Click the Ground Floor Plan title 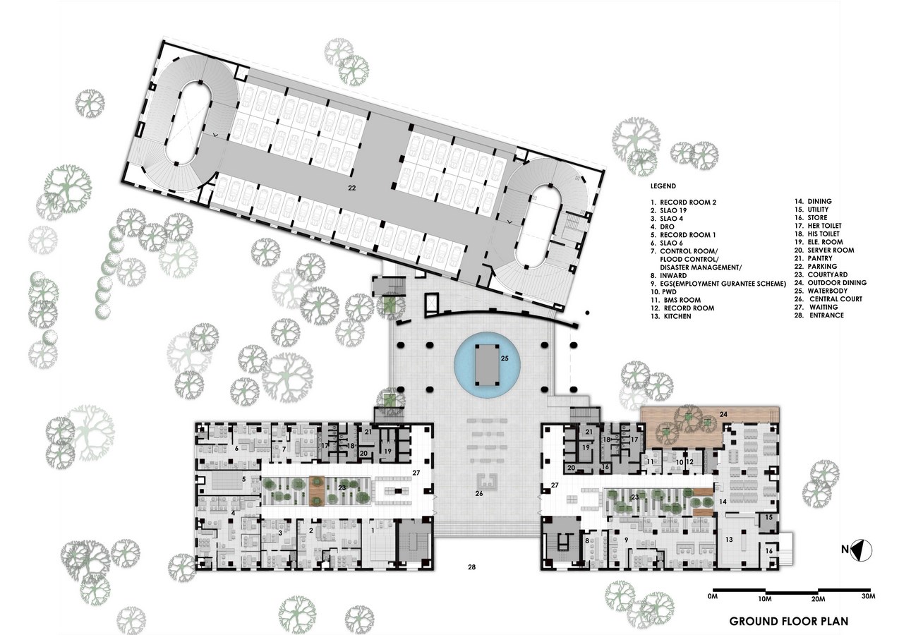coord(789,622)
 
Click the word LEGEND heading coord(663,186)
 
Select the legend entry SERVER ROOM coord(824,250)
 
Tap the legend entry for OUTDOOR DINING coord(831,283)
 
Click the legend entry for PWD coord(663,292)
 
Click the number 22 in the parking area coord(352,188)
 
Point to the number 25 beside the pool coord(505,358)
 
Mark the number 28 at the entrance coord(471,567)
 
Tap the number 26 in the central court coord(479,493)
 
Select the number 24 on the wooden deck coord(723,414)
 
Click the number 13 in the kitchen coord(729,540)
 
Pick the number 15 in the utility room coord(768,517)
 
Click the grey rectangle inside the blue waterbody coord(487,365)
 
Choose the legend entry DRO coord(663,226)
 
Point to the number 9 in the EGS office coord(626,540)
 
